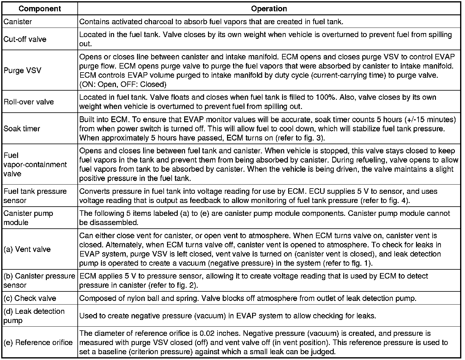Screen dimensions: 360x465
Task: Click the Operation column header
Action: pos(269,9)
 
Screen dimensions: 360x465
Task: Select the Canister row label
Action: pos(18,22)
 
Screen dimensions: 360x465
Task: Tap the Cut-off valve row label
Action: pos(25,39)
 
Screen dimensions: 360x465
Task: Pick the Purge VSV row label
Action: pos(22,70)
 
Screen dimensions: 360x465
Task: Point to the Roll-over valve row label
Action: pos(29,102)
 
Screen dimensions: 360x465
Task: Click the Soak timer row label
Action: pos(22,129)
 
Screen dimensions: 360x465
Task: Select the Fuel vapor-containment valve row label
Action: pos(35,164)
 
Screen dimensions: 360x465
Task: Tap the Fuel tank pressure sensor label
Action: pos(35,196)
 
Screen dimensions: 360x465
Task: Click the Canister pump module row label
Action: pos(28,218)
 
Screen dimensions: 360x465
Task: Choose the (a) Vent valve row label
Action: pos(27,249)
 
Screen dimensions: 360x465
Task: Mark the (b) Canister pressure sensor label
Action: pos(39,280)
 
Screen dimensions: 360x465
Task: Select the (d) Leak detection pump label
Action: pos(34,316)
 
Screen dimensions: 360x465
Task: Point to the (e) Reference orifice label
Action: pos(38,342)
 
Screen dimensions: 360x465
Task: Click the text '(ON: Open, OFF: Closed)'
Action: pos(123,84)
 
